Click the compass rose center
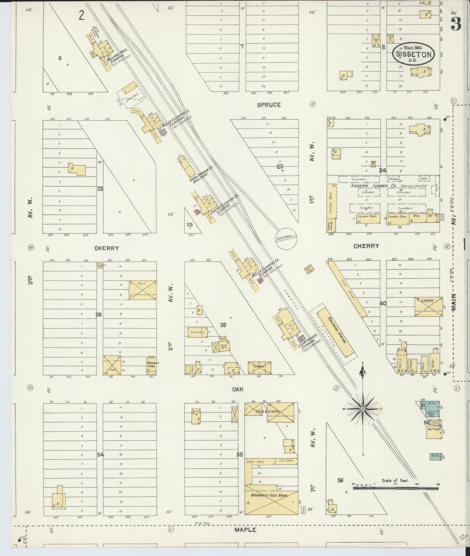[363, 408]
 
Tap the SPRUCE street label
[269, 105]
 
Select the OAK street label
[238, 389]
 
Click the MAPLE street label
[245, 530]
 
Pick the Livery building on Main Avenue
[428, 306]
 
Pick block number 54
[100, 455]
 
